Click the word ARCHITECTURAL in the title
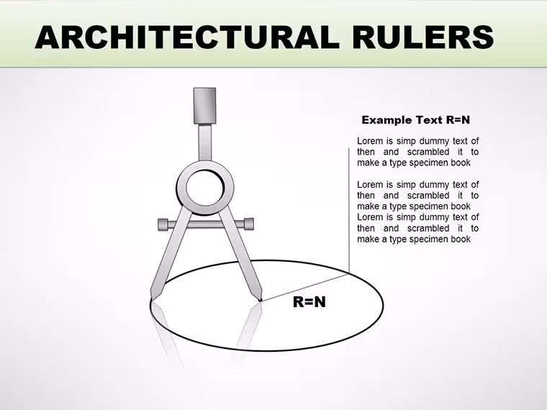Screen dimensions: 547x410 187,37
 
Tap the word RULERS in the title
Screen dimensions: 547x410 423,37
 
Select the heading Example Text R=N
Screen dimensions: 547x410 415,120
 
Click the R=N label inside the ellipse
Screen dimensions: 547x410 309,302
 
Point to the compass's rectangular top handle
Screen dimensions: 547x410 205,106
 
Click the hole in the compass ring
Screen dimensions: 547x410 205,188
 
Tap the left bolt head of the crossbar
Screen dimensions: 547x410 163,224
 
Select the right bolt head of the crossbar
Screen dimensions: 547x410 249,224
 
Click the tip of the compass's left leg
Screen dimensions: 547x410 152,300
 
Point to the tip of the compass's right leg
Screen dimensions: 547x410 260,300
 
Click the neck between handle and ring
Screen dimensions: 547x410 205,142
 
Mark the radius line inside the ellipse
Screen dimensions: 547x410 305,287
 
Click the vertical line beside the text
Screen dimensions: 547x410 349,210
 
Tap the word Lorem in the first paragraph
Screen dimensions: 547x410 370,141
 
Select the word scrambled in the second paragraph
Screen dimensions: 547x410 428,195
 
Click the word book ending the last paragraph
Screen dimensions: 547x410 461,239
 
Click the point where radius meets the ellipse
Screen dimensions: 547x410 349,273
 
